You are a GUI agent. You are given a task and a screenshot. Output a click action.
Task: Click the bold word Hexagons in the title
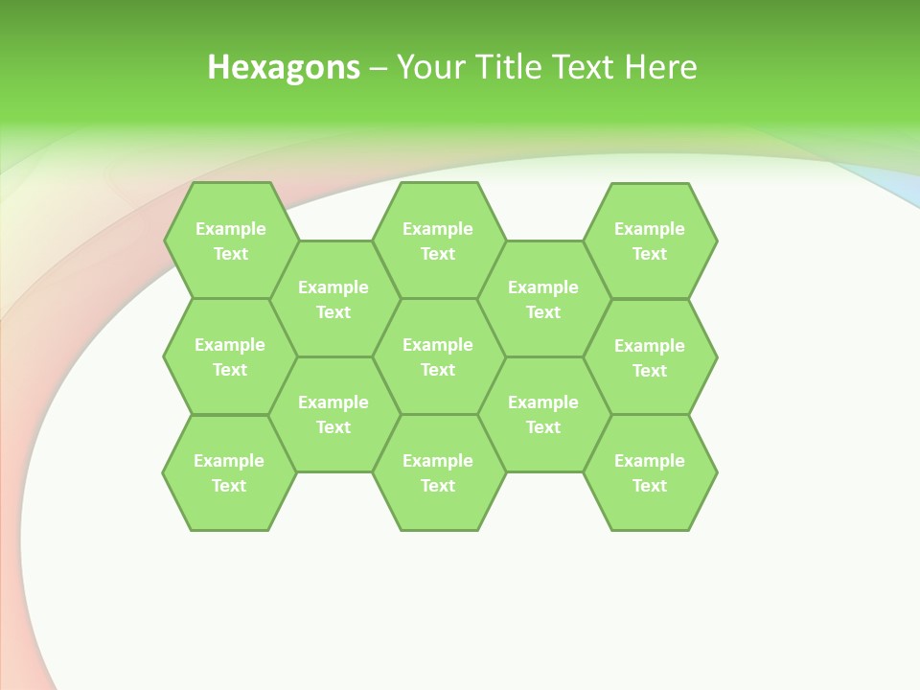click(284, 67)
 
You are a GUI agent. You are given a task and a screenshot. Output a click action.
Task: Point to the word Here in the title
click(660, 67)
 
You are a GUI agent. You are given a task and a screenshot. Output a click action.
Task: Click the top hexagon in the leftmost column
click(231, 241)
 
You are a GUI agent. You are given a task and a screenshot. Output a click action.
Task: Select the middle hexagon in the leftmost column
click(230, 356)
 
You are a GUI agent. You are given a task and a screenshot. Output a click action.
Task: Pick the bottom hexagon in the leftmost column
click(229, 472)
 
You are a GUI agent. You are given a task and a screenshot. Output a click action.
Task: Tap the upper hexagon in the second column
click(333, 299)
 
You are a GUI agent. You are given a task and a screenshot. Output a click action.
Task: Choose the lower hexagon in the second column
click(333, 414)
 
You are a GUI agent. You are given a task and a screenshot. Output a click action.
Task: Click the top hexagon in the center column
click(438, 241)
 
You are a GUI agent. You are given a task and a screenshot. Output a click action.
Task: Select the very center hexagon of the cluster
click(438, 356)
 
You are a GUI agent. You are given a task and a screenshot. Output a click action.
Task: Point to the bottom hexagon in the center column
click(438, 472)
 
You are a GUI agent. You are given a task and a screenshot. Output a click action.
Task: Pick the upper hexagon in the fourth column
click(543, 299)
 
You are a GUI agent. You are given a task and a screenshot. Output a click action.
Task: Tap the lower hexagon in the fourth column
click(543, 414)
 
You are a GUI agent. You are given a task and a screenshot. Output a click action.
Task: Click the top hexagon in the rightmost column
click(650, 241)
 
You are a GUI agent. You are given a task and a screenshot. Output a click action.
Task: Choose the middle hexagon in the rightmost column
click(650, 357)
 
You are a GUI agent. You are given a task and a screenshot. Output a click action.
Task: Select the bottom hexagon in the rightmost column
click(650, 472)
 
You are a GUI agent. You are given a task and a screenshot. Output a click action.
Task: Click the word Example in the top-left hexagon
click(231, 229)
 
